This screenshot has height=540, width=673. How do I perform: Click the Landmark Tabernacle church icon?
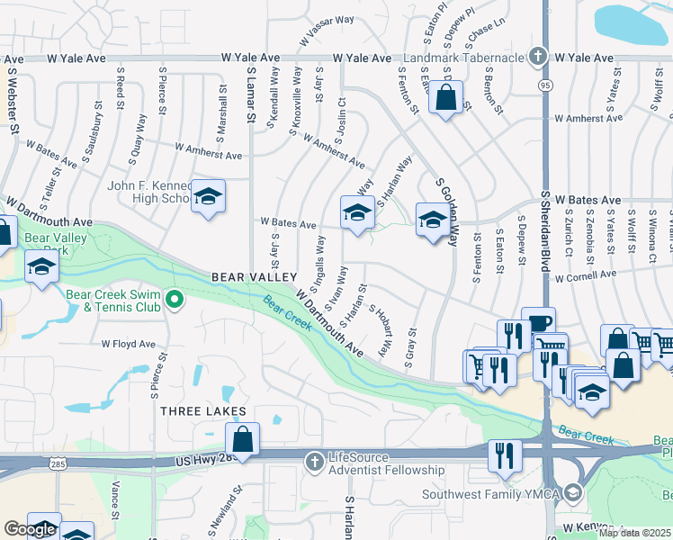click(x=538, y=56)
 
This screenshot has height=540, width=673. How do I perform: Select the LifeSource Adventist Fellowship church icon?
click(x=314, y=462)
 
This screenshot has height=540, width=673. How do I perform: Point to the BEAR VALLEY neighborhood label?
click(x=254, y=276)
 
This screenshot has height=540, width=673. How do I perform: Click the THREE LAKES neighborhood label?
click(x=203, y=411)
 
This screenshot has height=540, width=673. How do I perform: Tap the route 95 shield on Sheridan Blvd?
click(x=545, y=84)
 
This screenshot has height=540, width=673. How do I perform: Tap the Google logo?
click(x=30, y=530)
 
